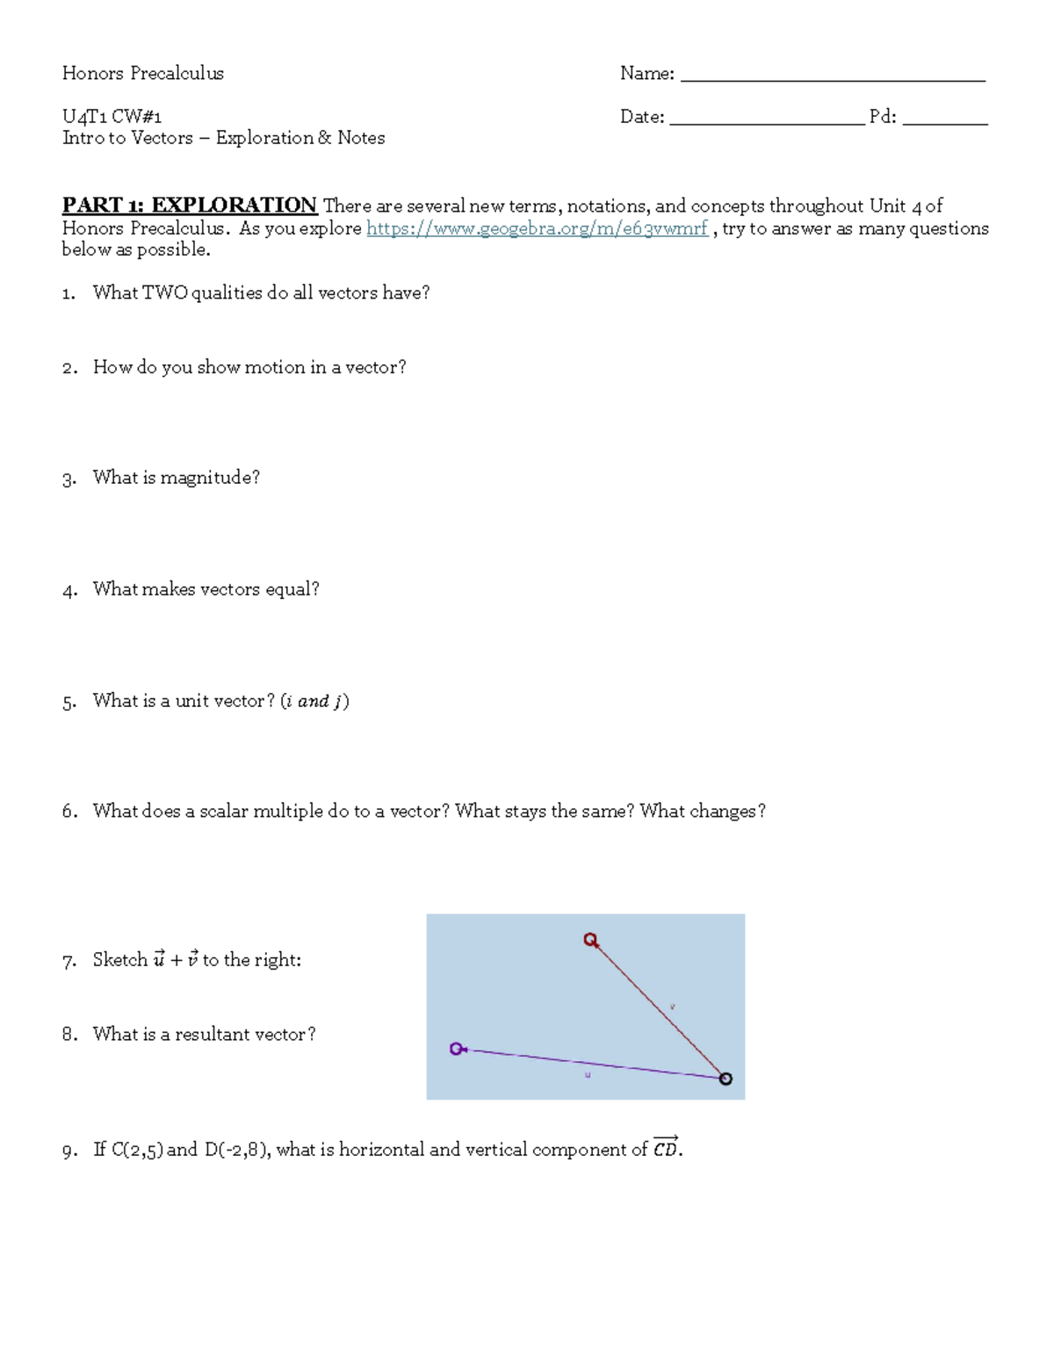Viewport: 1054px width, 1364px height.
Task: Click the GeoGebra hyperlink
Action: pos(537,228)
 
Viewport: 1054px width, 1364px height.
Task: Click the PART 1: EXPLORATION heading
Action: pos(189,206)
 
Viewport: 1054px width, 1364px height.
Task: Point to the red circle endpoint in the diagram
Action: pos(591,940)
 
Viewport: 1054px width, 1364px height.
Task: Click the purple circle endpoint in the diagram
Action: pos(456,1049)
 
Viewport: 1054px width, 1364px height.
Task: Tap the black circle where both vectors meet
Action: pos(726,1079)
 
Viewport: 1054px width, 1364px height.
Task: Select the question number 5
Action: pos(69,702)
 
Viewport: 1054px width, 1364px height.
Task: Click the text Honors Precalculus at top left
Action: pos(142,73)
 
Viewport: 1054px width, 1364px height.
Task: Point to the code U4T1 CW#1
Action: pos(112,116)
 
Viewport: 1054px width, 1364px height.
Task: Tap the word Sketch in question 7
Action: pos(120,960)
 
